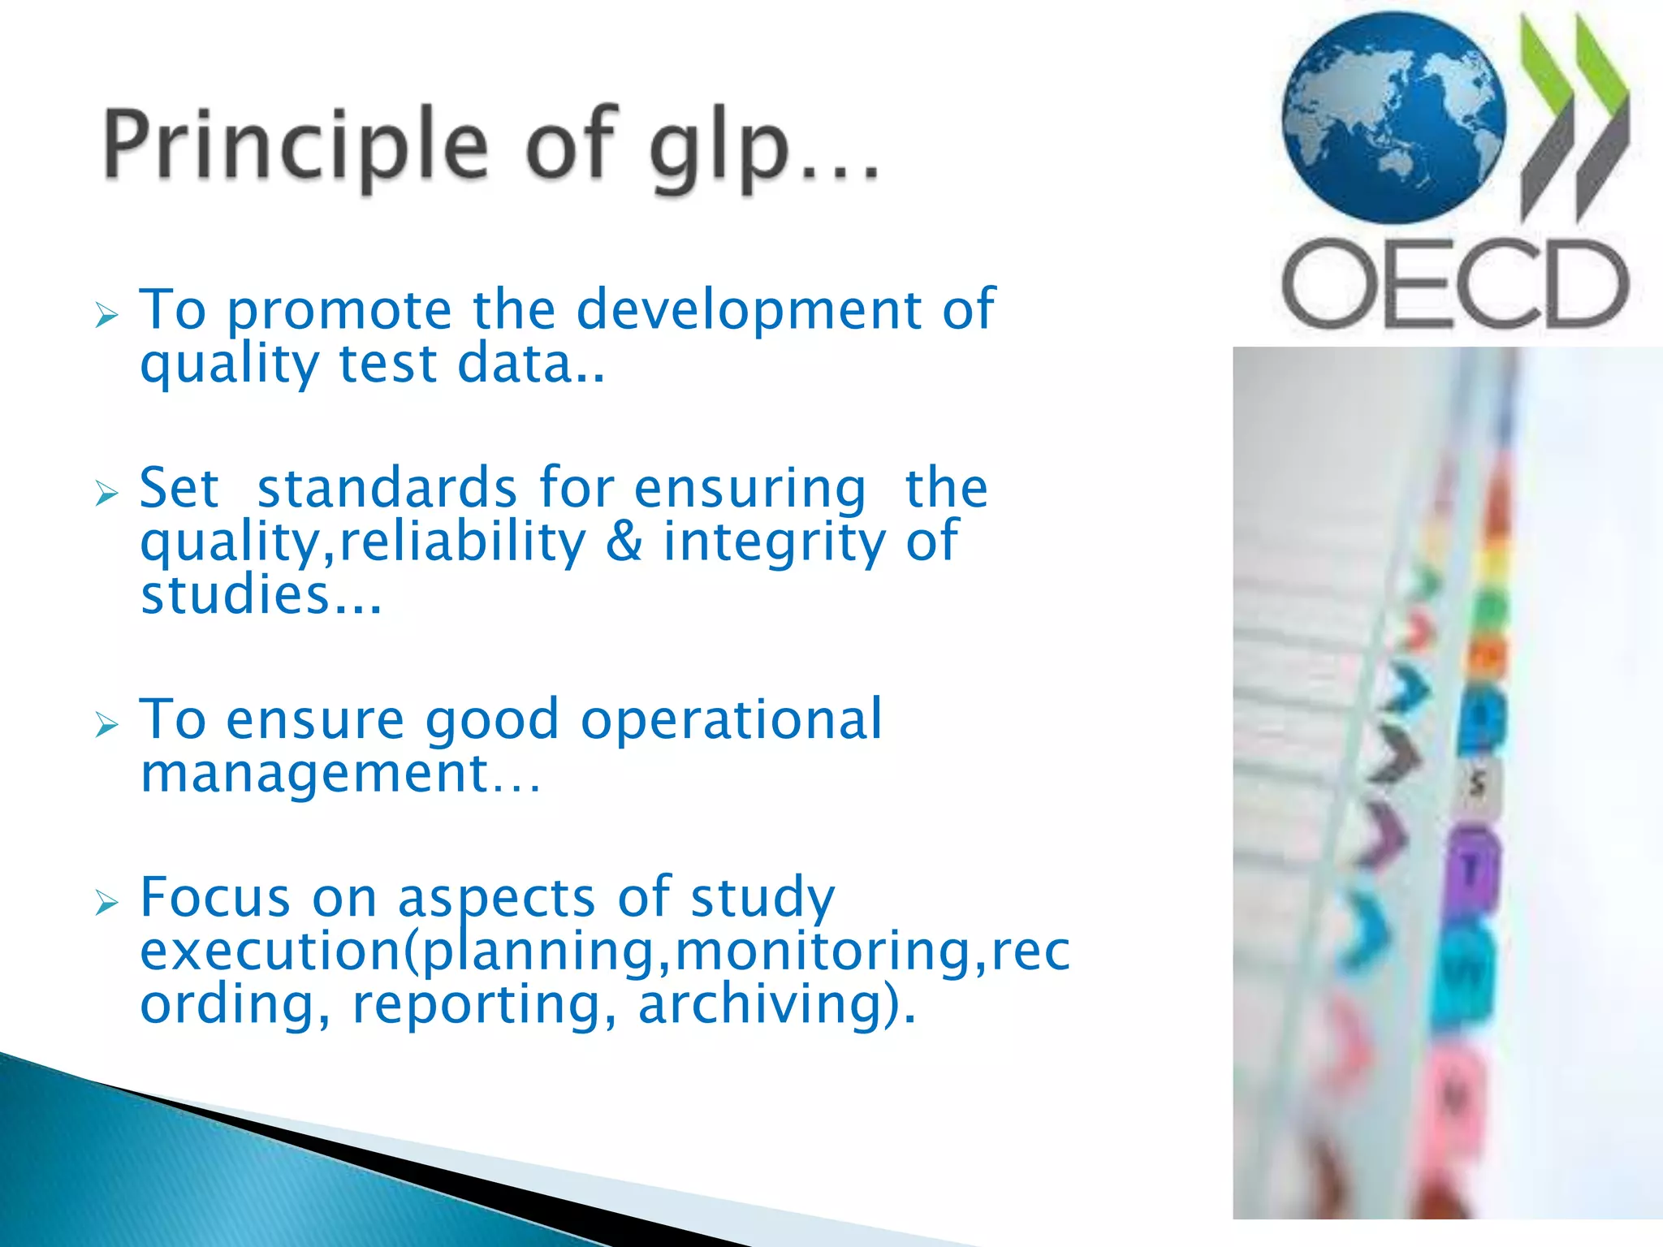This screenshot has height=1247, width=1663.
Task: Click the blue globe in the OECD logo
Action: [x=1393, y=119]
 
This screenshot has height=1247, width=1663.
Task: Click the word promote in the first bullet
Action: [x=339, y=312]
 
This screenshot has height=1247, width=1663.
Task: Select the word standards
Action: [x=387, y=489]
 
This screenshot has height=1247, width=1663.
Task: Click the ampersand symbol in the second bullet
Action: [x=624, y=542]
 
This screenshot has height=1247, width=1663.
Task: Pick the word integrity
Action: [x=775, y=543]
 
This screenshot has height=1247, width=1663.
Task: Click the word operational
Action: [x=731, y=720]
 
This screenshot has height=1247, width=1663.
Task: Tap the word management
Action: [x=315, y=773]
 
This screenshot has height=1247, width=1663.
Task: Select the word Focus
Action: [x=215, y=898]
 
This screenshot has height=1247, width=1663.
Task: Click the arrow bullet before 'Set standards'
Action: [x=106, y=492]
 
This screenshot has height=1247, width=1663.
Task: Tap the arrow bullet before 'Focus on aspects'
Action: [x=106, y=901]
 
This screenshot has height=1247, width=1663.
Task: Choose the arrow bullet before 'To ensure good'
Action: [x=106, y=723]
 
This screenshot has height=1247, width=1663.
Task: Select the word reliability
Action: [x=462, y=542]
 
